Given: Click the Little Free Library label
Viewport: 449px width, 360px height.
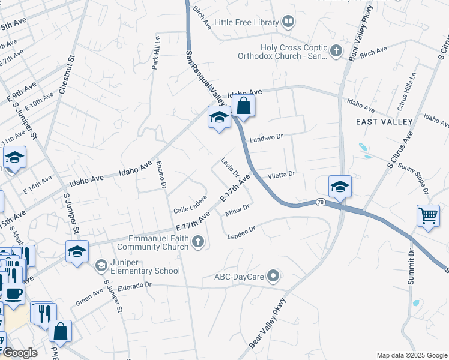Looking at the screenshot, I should (247, 23).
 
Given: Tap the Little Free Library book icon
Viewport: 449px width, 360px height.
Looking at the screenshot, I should (289, 23).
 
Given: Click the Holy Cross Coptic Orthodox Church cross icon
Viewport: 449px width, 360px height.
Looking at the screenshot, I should (337, 52).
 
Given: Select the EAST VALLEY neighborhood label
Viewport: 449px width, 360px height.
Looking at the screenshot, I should (384, 122).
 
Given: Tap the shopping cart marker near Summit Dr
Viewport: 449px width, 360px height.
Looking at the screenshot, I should (428, 215).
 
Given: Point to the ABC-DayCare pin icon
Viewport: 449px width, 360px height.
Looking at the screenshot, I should (274, 277).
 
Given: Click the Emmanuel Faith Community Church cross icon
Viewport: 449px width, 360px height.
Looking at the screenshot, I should (199, 242).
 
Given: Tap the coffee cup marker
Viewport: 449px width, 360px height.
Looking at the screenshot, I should (14, 294).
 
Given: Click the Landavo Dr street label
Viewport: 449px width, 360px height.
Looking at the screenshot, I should (266, 137).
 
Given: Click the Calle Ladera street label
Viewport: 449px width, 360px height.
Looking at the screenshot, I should (190, 206).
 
